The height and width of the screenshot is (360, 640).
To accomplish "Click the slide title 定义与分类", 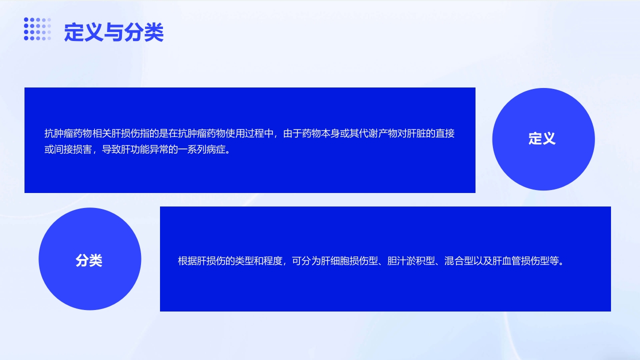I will tap(113, 32).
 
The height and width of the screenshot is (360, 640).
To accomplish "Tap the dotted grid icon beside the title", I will tap(37, 29).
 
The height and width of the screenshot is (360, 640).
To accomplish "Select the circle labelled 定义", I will tap(543, 139).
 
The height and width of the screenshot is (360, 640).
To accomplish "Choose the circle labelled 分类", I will tap(89, 259).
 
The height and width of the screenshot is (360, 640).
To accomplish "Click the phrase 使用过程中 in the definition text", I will tap(250, 134).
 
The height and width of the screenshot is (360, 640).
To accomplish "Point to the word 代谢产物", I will tap(379, 134).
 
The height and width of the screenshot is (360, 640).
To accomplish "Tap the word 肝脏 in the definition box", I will tap(417, 134).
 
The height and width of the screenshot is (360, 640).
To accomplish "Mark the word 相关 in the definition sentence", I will tap(102, 134).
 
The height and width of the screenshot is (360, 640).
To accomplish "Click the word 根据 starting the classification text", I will tap(187, 261).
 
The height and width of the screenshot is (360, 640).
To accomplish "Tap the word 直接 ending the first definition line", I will tap(445, 134).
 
